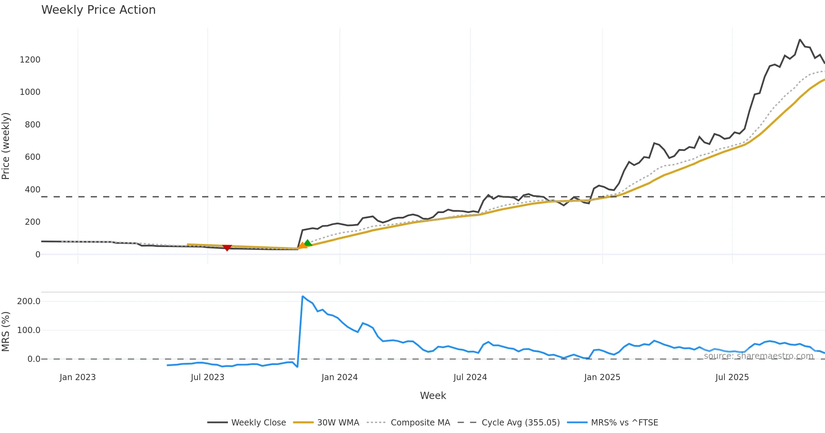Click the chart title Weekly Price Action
(x=98, y=10)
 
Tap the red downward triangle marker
(x=227, y=248)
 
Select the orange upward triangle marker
(x=302, y=245)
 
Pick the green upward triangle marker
(x=308, y=243)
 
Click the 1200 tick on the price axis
(x=30, y=60)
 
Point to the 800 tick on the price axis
(x=32, y=125)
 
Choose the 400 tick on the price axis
(x=32, y=190)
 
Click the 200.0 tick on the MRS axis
(x=29, y=301)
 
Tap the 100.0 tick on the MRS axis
(x=29, y=330)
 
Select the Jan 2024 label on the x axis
(x=340, y=377)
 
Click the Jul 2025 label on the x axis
(x=732, y=377)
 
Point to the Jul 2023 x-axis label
(x=207, y=377)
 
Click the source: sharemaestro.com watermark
(x=758, y=356)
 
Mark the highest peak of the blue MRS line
(x=302, y=296)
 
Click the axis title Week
(x=433, y=396)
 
